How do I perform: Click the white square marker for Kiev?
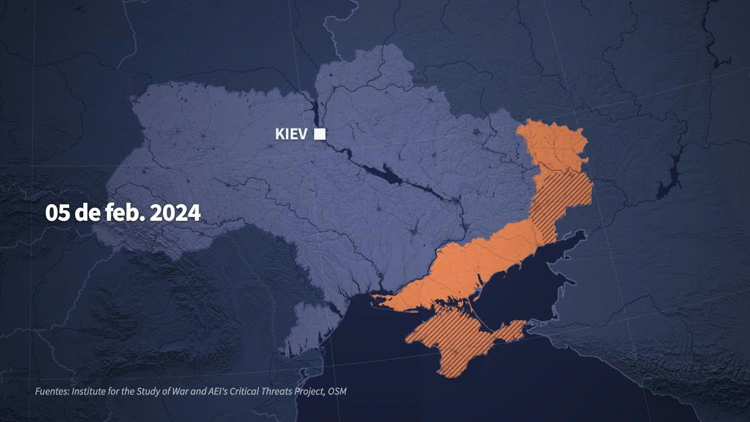[319, 134]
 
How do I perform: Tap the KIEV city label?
[291, 134]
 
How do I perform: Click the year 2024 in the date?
[175, 213]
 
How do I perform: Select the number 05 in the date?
[58, 213]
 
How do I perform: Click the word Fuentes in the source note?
[51, 391]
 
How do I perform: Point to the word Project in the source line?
[304, 391]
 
